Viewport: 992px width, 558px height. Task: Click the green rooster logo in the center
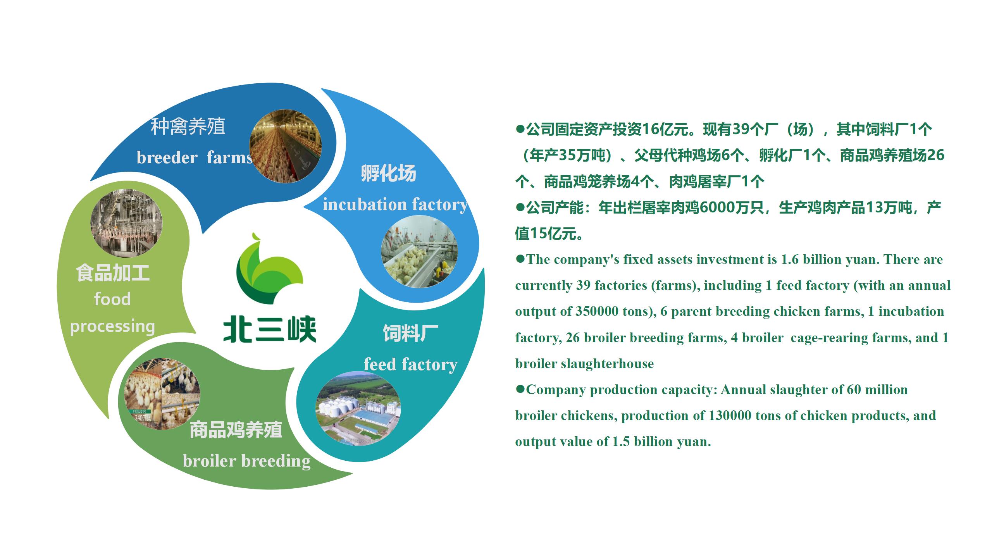click(x=270, y=269)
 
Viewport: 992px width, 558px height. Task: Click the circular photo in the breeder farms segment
click(x=285, y=146)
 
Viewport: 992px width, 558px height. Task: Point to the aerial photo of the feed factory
click(x=358, y=409)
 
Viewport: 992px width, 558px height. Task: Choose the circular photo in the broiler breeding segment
click(x=162, y=394)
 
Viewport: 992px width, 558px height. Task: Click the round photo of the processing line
click(x=126, y=223)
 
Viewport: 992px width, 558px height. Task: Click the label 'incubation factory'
click(x=395, y=205)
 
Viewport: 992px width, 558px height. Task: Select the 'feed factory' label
click(x=410, y=365)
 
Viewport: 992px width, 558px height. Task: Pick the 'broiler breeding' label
click(x=246, y=461)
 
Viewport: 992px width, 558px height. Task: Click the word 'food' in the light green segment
click(x=112, y=299)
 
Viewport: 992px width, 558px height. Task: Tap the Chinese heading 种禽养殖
click(x=188, y=127)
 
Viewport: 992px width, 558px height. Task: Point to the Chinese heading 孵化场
click(x=388, y=173)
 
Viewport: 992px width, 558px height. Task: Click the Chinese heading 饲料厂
click(x=410, y=333)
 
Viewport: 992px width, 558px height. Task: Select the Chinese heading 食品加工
click(x=113, y=273)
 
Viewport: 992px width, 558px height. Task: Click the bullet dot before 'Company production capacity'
click(x=520, y=389)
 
